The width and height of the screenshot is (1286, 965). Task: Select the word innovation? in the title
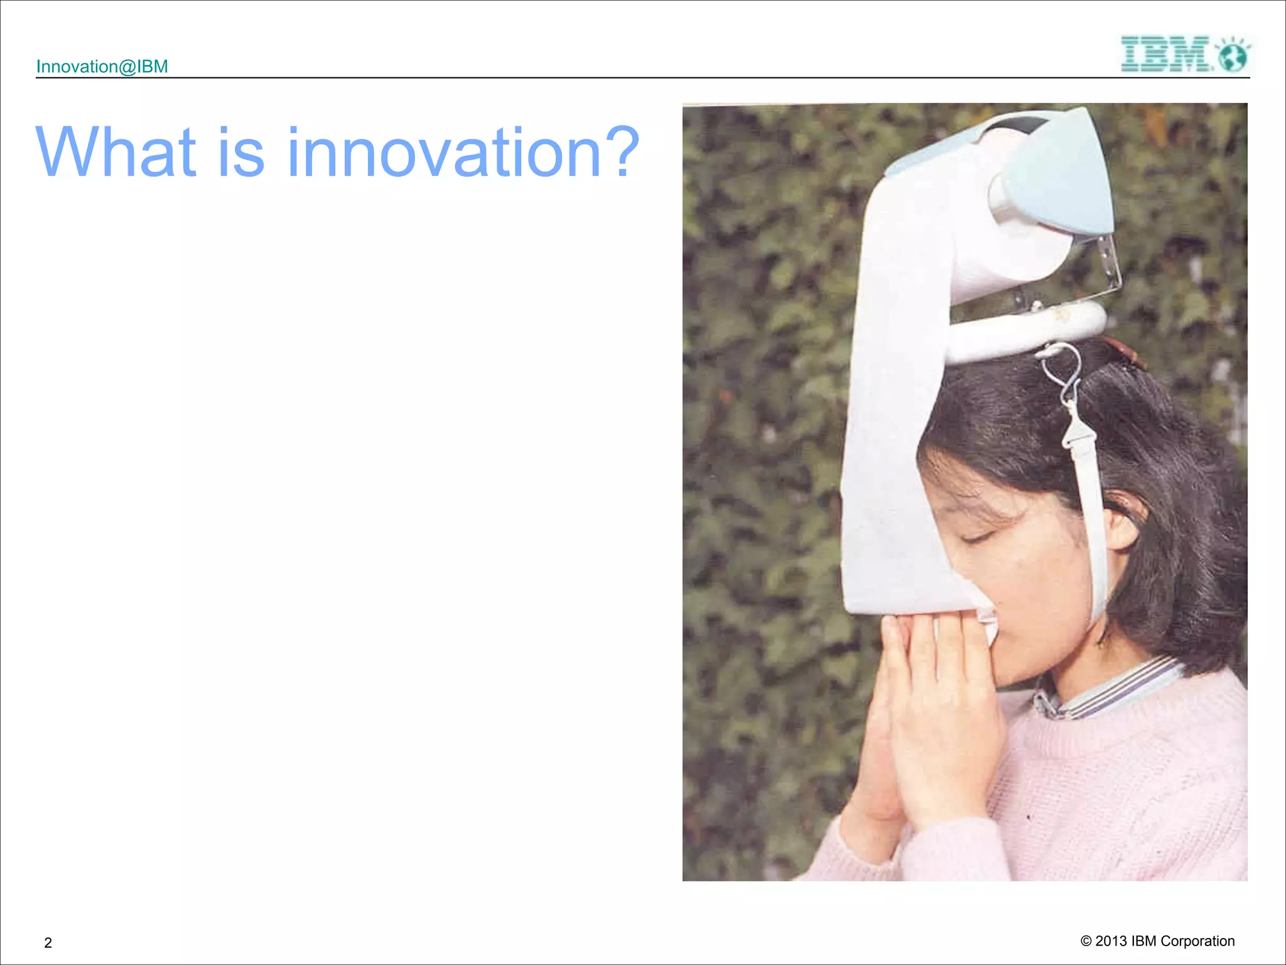point(463,152)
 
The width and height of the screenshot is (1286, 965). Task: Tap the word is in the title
point(241,152)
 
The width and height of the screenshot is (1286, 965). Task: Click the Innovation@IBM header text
point(102,67)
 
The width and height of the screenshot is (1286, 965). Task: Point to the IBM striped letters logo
point(1165,54)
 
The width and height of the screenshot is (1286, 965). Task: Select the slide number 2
point(48,942)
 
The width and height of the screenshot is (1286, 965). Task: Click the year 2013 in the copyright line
point(1111,940)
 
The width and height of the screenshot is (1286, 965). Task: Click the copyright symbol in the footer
point(1086,940)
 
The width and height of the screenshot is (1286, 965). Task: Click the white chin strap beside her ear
point(1096,534)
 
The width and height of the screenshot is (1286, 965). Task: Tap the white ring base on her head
point(1030,330)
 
